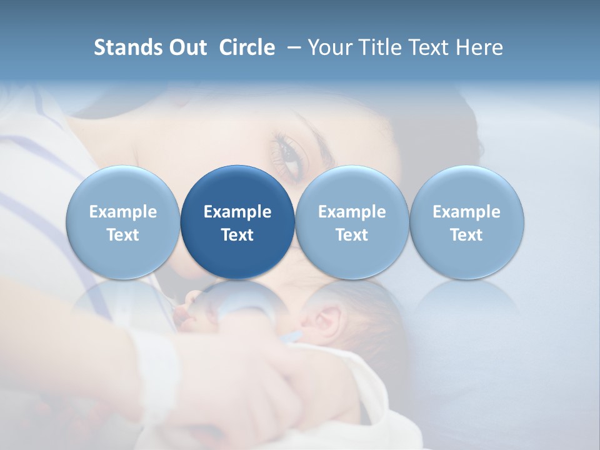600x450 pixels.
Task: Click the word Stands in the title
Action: (127, 47)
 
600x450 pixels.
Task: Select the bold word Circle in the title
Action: (247, 47)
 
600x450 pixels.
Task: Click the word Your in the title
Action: (329, 47)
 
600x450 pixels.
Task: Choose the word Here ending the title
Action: (479, 47)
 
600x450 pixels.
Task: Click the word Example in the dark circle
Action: (237, 212)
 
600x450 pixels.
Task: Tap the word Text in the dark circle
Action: (237, 235)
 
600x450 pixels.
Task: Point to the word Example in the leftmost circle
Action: (123, 212)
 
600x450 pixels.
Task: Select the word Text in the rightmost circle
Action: (467, 235)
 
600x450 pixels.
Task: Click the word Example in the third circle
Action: (352, 212)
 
